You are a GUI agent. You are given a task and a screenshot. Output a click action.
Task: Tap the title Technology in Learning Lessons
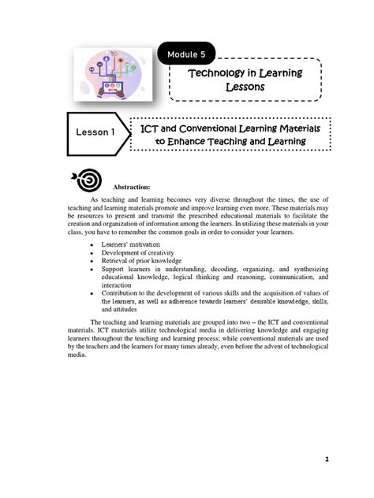244,80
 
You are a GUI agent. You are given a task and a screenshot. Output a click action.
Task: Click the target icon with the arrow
86,180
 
